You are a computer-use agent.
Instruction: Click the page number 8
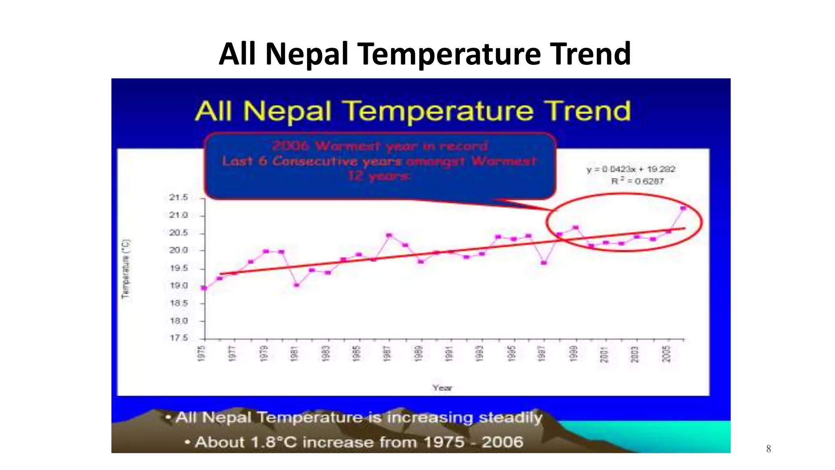tap(768, 449)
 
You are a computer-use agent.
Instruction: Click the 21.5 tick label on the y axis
tap(179, 197)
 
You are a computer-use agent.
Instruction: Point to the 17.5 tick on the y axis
tap(179, 338)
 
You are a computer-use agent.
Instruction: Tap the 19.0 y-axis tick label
tap(179, 286)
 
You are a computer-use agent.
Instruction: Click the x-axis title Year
tap(442, 388)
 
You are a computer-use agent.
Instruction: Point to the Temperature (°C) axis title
tap(126, 268)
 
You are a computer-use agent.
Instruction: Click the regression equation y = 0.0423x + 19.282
tap(631, 169)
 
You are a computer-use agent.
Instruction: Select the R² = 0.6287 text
tap(637, 181)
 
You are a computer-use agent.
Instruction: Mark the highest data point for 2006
tap(683, 208)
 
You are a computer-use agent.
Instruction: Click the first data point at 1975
tap(204, 288)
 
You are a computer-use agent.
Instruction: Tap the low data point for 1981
tap(296, 285)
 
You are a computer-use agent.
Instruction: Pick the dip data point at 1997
tap(543, 263)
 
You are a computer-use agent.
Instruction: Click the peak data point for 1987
tap(389, 235)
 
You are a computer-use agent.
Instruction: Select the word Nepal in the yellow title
tap(287, 111)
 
